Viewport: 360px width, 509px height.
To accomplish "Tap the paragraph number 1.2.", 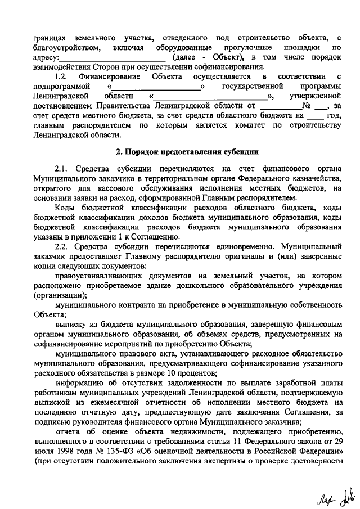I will point(61,76).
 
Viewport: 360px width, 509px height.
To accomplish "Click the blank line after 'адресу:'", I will point(112,58).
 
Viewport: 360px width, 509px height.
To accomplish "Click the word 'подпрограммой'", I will point(62,86).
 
